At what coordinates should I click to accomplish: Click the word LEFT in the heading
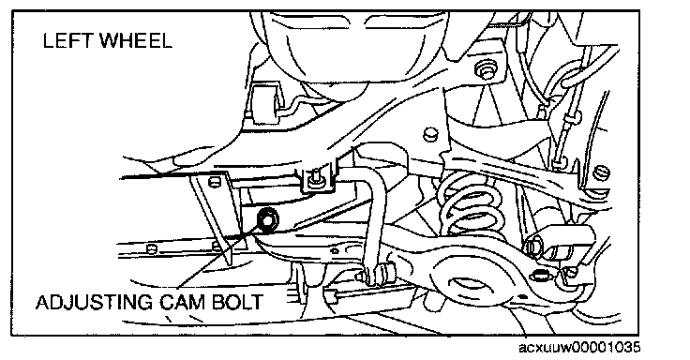(x=67, y=41)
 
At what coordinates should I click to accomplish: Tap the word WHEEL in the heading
(x=136, y=41)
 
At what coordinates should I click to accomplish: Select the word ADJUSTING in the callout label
(x=94, y=303)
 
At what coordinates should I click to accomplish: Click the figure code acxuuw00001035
(x=579, y=348)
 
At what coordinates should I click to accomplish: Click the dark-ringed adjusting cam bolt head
(x=267, y=218)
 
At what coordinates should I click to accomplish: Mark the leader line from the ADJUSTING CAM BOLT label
(x=218, y=257)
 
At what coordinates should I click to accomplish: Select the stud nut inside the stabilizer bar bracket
(x=315, y=178)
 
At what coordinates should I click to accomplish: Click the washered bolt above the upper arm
(x=487, y=69)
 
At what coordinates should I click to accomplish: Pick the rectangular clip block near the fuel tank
(x=264, y=105)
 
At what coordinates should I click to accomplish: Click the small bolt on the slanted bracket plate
(x=214, y=180)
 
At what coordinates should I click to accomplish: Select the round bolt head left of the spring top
(x=431, y=134)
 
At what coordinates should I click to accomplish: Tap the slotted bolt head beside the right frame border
(x=602, y=172)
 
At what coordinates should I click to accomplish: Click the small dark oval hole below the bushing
(x=539, y=276)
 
